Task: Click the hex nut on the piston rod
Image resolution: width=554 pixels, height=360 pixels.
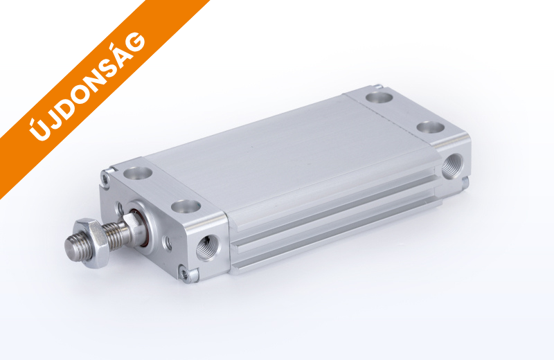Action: click(x=91, y=243)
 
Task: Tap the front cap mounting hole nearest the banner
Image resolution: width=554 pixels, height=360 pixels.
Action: click(x=138, y=173)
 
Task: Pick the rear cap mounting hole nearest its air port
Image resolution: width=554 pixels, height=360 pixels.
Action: click(x=430, y=127)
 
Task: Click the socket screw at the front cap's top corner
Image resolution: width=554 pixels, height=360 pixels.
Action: click(x=105, y=177)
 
